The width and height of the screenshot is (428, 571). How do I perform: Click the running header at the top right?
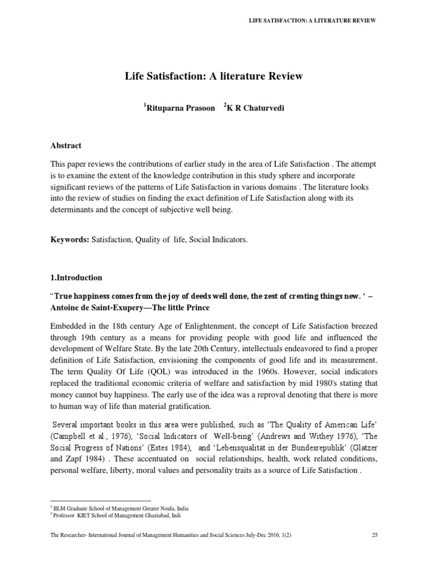tap(312, 21)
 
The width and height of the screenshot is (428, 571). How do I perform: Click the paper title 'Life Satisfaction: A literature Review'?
tap(213, 76)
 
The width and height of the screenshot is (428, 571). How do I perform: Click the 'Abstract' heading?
tap(66, 146)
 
